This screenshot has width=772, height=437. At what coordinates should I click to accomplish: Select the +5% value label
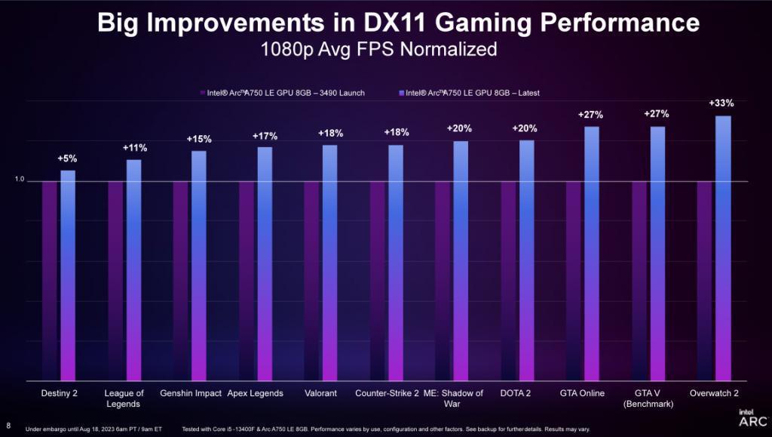click(x=67, y=158)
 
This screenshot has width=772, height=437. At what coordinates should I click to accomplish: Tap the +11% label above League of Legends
click(x=134, y=148)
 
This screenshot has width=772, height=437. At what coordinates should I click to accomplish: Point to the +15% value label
click(x=199, y=139)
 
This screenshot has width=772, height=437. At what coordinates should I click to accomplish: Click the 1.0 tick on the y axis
click(x=20, y=180)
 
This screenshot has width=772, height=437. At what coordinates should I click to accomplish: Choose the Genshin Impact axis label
click(x=191, y=393)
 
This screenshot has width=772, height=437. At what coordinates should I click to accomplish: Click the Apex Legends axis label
click(x=256, y=393)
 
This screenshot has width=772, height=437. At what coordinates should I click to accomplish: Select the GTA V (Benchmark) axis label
click(x=649, y=399)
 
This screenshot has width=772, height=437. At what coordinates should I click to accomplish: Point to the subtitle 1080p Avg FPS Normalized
click(x=378, y=50)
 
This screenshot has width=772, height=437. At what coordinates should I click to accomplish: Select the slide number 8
click(x=8, y=423)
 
